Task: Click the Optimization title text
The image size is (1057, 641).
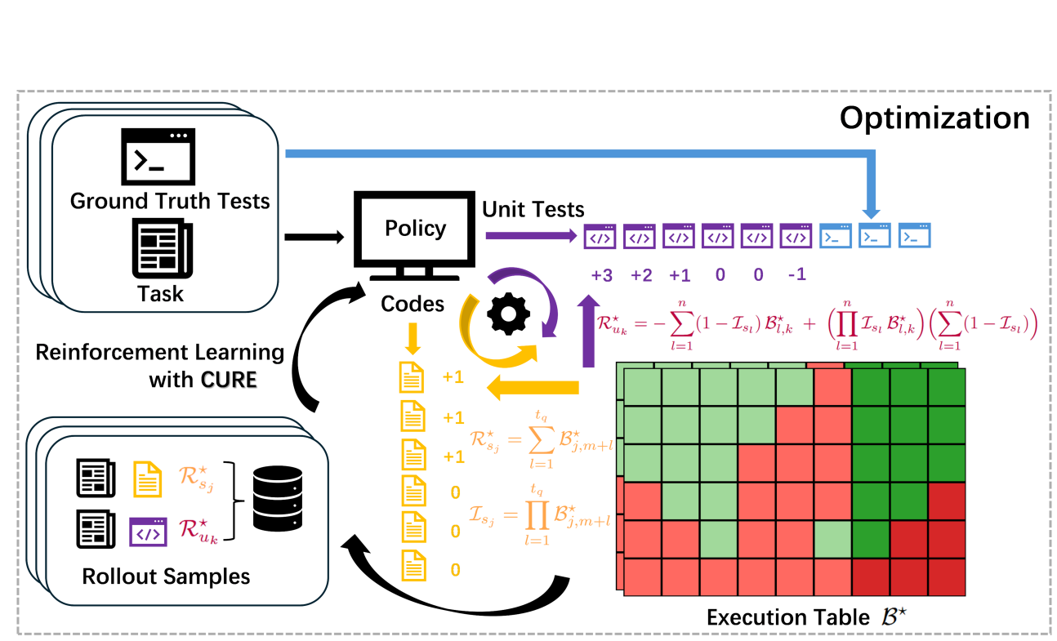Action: (x=934, y=118)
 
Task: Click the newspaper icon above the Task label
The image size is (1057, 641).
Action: (x=162, y=246)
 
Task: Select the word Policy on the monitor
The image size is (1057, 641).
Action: (x=415, y=228)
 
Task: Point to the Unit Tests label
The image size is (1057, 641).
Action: (x=533, y=210)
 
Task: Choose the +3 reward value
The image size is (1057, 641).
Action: (x=601, y=275)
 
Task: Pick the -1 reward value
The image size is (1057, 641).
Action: (x=796, y=275)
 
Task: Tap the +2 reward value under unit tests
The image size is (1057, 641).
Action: (x=641, y=275)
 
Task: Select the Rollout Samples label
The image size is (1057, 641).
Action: (x=166, y=576)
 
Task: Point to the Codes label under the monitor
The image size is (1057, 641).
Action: (x=413, y=305)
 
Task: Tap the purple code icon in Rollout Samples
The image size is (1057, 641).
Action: (x=148, y=533)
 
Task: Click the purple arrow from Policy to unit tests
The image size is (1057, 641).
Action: (x=531, y=237)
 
